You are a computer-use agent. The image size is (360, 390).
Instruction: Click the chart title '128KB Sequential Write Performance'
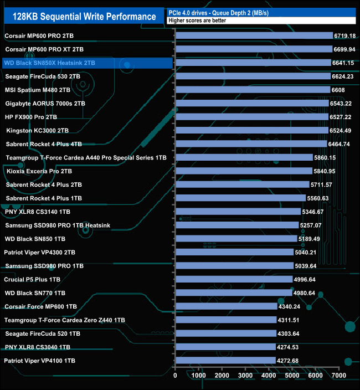tap(84, 17)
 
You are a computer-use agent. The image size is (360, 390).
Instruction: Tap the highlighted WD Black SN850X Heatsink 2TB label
tap(50, 63)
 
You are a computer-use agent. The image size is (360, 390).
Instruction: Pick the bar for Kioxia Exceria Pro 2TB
tap(244, 171)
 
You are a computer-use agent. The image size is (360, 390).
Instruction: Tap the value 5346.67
tap(315, 212)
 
